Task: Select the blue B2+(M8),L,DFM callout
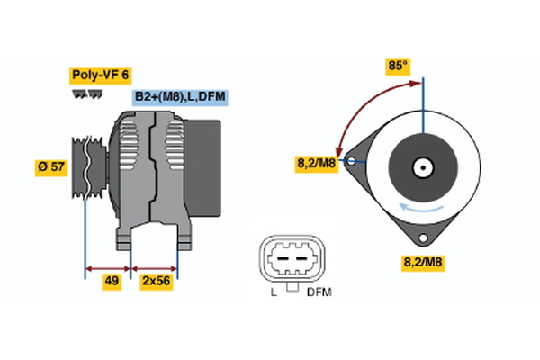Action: click(x=179, y=96)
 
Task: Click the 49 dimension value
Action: click(x=112, y=281)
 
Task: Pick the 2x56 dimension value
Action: click(x=157, y=281)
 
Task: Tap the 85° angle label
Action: click(x=398, y=66)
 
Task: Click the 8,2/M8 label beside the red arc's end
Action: click(x=317, y=164)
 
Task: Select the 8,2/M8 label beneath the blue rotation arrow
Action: click(x=423, y=263)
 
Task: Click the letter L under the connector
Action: click(x=273, y=292)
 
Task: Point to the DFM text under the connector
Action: click(x=319, y=292)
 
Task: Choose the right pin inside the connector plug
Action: click(x=299, y=262)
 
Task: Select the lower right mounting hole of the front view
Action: click(x=424, y=237)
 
